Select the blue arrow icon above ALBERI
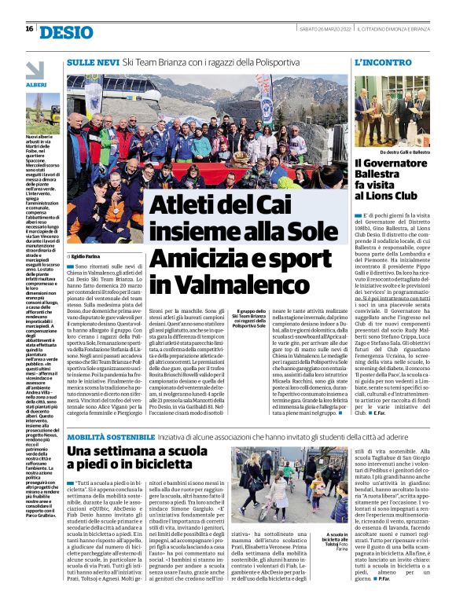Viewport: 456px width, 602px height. (36, 69)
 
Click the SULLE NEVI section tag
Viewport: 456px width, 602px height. (93, 61)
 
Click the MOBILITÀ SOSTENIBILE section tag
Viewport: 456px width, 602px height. (110, 436)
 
